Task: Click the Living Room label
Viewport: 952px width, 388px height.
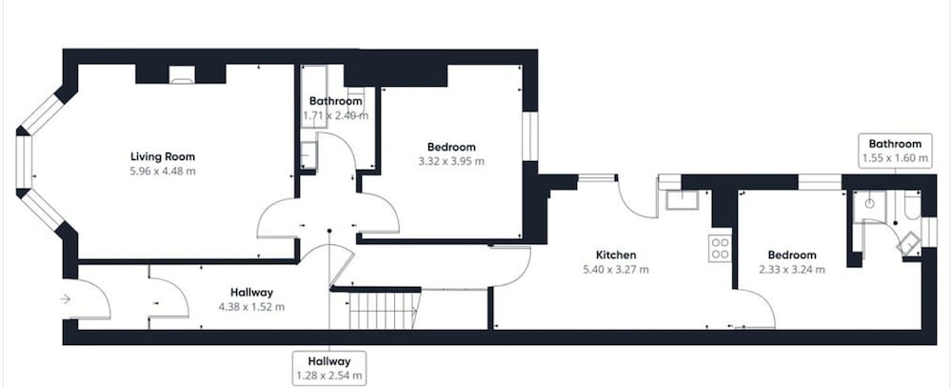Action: point(163,157)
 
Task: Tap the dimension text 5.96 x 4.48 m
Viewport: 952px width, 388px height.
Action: point(163,172)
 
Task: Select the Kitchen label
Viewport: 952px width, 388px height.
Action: point(616,255)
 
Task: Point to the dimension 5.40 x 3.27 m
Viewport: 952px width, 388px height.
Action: point(616,270)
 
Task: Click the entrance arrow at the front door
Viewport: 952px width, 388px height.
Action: point(66,298)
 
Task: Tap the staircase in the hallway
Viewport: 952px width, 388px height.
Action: point(385,310)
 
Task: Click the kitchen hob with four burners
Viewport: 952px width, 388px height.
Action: point(720,248)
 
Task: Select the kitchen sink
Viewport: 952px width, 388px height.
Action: point(682,200)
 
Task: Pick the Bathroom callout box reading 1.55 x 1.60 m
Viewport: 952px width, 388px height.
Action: point(895,151)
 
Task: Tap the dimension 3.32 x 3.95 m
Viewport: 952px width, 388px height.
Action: point(451,162)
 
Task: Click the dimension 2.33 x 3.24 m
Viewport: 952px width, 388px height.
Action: point(792,270)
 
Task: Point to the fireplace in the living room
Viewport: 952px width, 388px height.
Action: point(181,74)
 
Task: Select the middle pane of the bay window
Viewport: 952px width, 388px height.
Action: point(24,162)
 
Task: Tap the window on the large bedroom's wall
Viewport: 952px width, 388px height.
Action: point(530,136)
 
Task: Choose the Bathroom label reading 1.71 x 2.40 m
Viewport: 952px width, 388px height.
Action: point(336,108)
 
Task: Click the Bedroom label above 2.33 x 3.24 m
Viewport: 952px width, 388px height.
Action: point(792,255)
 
